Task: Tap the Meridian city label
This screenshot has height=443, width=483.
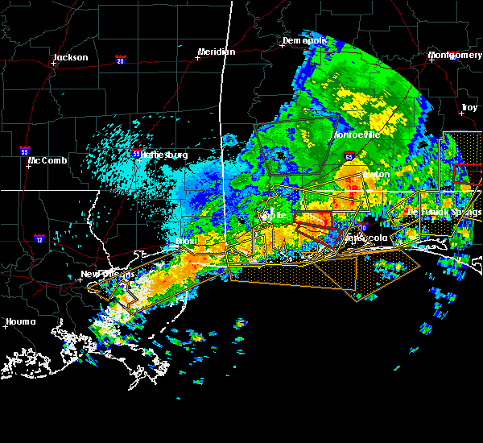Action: [x=217, y=52]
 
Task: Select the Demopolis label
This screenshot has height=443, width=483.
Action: [x=304, y=41]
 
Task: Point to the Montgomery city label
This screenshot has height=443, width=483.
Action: [x=456, y=55]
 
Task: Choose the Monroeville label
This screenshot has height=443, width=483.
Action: [x=356, y=135]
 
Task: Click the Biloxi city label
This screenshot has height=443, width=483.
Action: [x=187, y=241]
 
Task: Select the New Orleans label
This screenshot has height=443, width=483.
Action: [x=105, y=274]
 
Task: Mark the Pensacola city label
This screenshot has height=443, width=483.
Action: [x=367, y=239]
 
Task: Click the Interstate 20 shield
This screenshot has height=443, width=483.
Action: [x=121, y=60]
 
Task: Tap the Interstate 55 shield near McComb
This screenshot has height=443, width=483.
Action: [x=26, y=150]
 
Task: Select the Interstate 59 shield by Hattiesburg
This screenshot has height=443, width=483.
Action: [x=136, y=152]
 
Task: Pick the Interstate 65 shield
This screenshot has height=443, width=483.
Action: [x=349, y=156]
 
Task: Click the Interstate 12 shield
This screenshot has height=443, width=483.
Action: [x=39, y=238]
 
